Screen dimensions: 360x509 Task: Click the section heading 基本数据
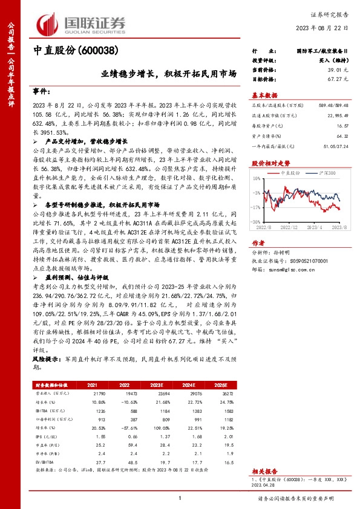(x=265, y=95)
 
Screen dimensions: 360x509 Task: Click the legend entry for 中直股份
(x=291, y=172)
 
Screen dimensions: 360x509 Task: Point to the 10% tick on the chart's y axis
(x=257, y=179)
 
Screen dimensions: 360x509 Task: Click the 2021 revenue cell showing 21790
(x=93, y=392)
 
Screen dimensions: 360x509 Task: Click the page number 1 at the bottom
(x=180, y=498)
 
